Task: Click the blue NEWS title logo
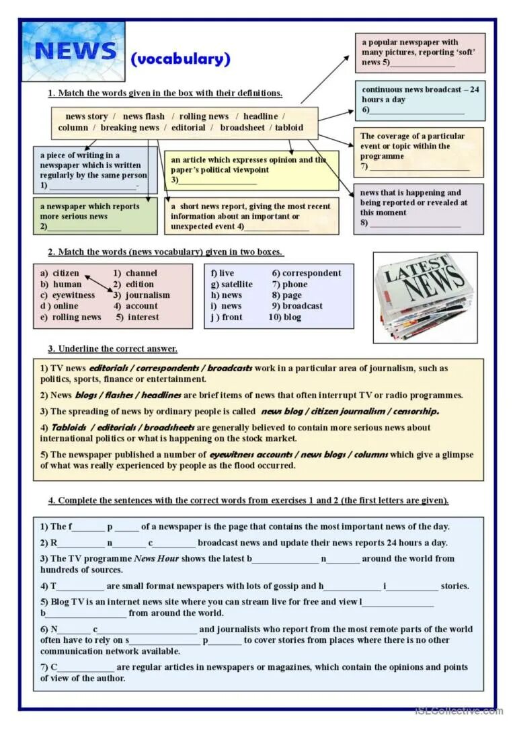pyautogui.click(x=74, y=51)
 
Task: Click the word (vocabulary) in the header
pyautogui.click(x=180, y=59)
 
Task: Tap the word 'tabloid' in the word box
pyautogui.click(x=288, y=128)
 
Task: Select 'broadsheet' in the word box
pyautogui.click(x=242, y=128)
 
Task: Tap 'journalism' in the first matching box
pyautogui.click(x=147, y=295)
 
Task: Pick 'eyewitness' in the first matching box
pyautogui.click(x=73, y=295)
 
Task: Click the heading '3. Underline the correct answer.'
pyautogui.click(x=112, y=348)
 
